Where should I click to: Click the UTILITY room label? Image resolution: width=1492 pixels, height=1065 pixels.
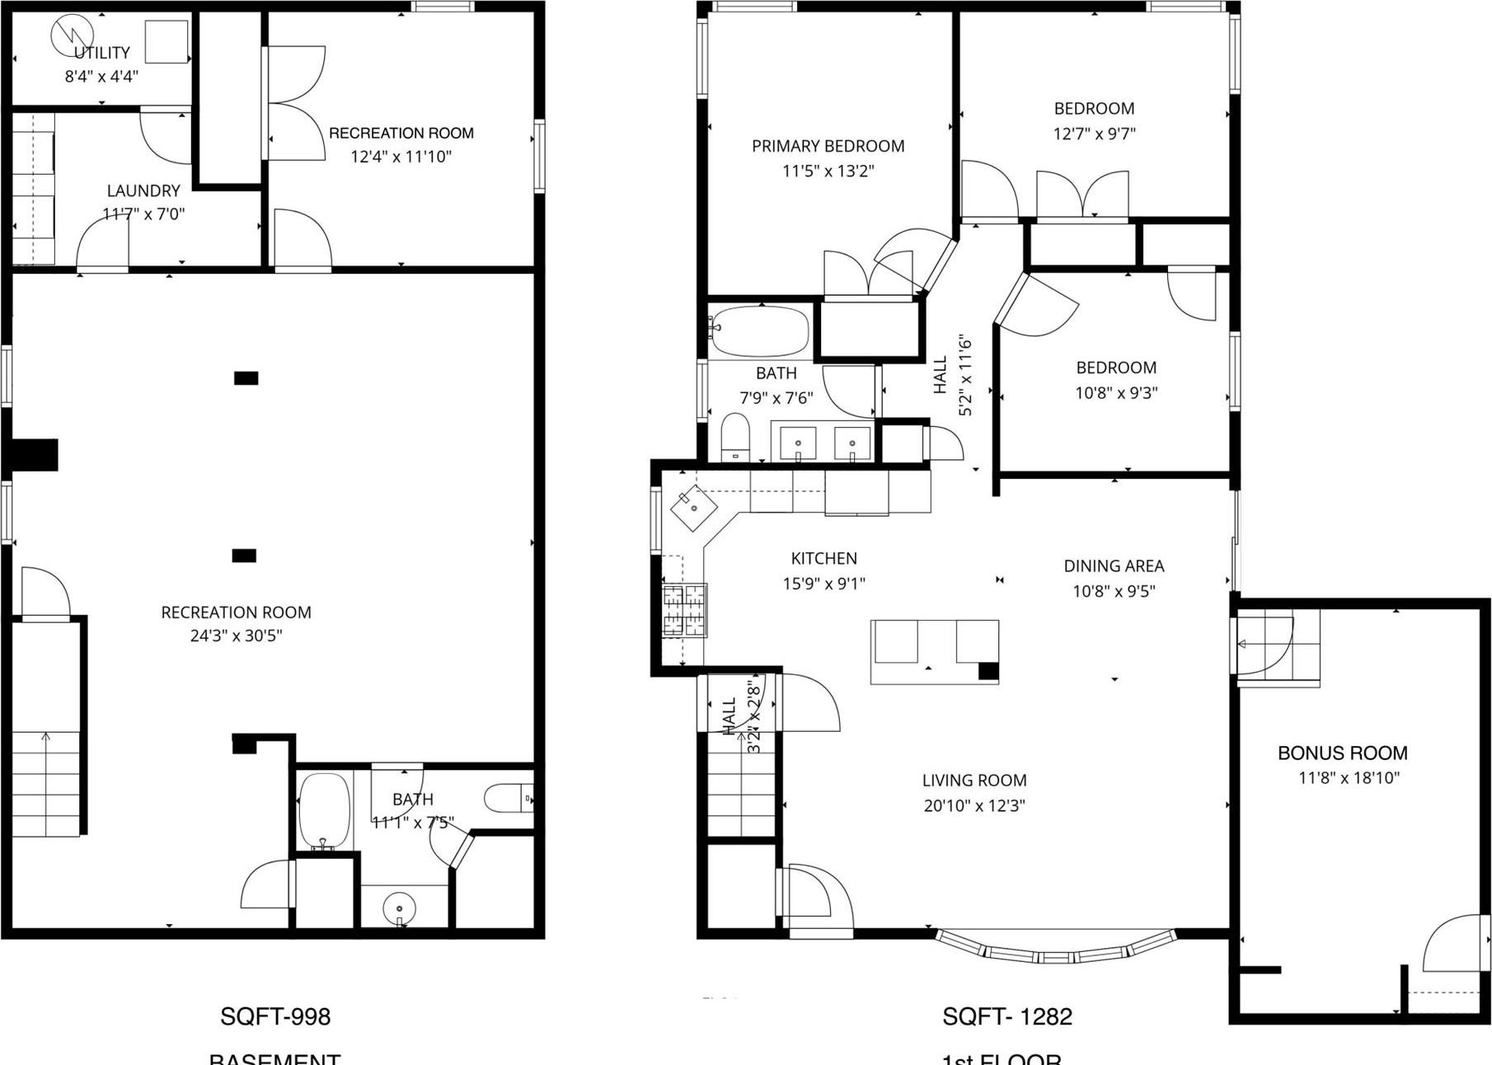(x=102, y=53)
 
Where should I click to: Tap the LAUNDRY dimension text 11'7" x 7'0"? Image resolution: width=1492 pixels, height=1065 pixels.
(x=143, y=214)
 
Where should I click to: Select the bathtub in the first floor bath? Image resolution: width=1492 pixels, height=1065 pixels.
(x=760, y=331)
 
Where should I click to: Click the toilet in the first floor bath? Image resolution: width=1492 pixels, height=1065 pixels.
(x=734, y=437)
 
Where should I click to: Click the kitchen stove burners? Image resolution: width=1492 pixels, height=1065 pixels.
(x=685, y=610)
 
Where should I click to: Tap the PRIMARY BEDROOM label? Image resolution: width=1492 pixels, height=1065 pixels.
(x=828, y=146)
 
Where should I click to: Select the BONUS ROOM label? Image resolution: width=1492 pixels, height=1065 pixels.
(x=1342, y=753)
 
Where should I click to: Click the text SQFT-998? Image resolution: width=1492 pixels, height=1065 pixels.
(x=275, y=1016)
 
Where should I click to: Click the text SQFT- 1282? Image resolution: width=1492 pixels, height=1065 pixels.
(x=1007, y=1016)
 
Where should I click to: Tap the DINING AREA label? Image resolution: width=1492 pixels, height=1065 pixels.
(x=1114, y=565)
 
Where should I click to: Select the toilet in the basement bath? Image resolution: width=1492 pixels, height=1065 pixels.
(x=505, y=798)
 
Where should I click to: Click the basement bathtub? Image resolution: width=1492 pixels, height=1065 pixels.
(x=324, y=809)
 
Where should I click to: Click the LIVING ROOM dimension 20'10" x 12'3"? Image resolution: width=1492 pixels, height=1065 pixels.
(x=974, y=805)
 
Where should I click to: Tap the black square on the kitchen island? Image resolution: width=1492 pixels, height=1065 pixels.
(x=988, y=671)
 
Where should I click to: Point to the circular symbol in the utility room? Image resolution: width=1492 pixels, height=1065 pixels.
(x=67, y=36)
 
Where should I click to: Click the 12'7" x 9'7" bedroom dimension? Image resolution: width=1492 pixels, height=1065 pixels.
(x=1094, y=134)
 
